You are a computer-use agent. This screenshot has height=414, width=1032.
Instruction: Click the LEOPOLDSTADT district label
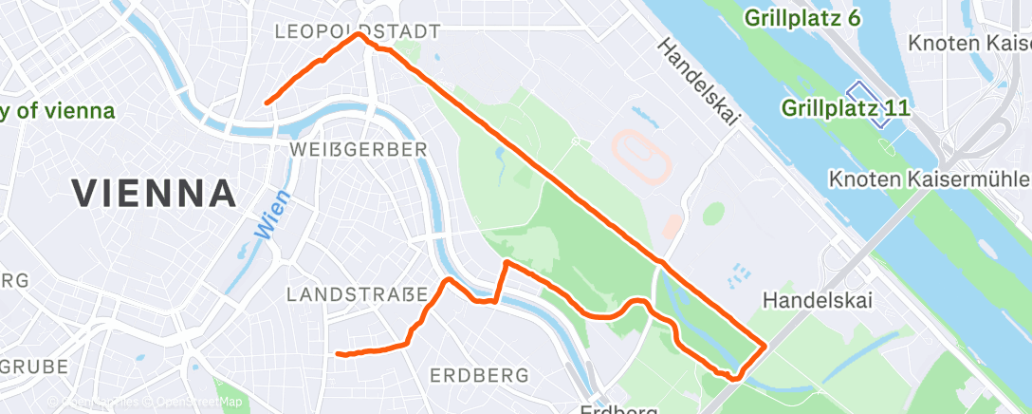[357, 31]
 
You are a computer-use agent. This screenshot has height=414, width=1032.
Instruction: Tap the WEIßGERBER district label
[359, 150]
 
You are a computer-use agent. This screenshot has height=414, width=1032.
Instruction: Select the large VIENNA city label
[155, 194]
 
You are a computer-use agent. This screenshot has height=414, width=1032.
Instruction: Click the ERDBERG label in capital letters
[479, 376]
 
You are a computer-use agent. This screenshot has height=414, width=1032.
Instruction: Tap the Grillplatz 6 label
[802, 18]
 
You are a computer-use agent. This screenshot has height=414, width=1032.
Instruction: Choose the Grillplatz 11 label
[846, 108]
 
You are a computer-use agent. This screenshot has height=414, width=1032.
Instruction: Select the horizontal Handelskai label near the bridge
[817, 300]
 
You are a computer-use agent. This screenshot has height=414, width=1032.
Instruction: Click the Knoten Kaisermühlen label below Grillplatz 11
[930, 179]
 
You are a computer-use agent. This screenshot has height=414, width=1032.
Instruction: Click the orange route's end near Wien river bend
[267, 102]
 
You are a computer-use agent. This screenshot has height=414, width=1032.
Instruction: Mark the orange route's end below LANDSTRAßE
[339, 354]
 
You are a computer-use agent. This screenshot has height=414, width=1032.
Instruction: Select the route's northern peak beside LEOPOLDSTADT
[359, 34]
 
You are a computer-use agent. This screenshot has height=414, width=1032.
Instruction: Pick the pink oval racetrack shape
[642, 154]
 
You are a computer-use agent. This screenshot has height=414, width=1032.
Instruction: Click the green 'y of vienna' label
[57, 111]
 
